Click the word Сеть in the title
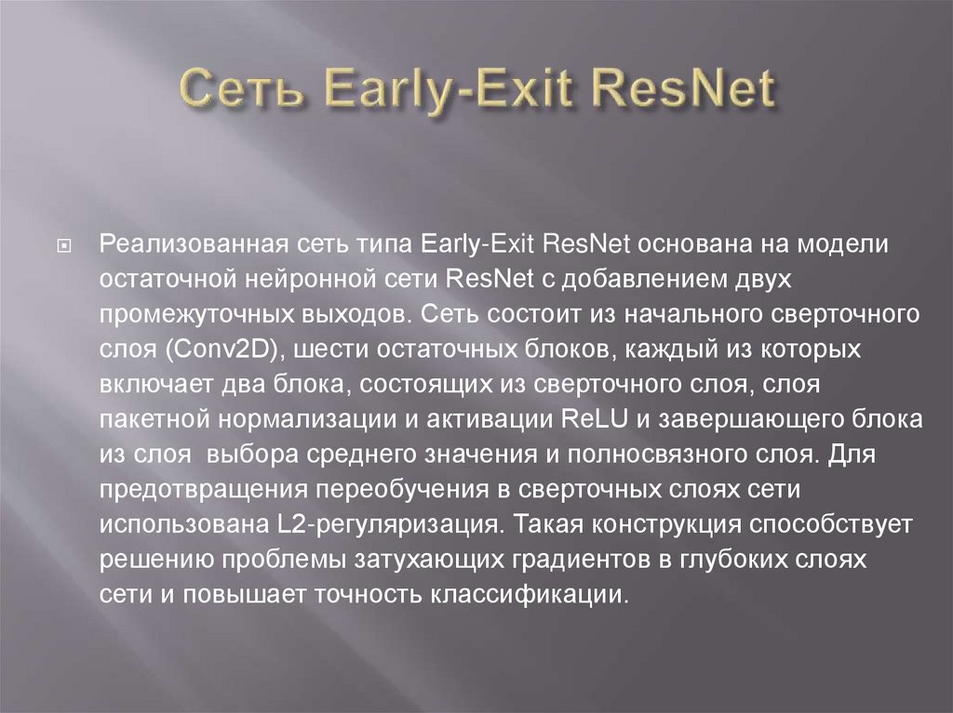(x=239, y=90)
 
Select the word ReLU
(x=597, y=419)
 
